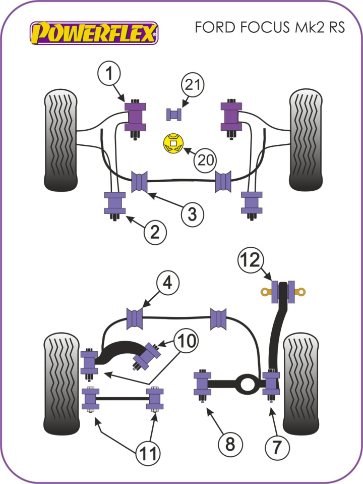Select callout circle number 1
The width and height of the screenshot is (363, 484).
(109, 75)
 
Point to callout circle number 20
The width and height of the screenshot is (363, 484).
(205, 160)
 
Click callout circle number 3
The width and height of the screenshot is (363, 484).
(193, 214)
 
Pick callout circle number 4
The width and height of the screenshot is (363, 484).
(167, 284)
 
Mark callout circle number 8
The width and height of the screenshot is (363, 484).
(230, 444)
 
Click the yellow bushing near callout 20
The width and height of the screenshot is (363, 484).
(172, 144)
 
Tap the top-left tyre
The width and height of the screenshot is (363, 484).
(61, 140)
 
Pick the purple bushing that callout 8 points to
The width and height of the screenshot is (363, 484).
(203, 384)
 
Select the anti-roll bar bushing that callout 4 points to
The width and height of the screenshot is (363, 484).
(135, 317)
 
